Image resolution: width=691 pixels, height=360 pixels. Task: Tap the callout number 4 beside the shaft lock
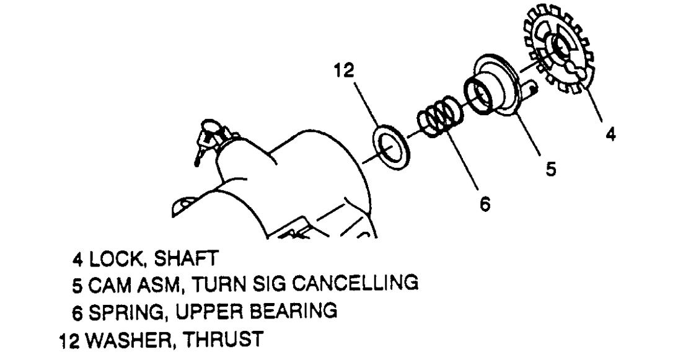[x=610, y=134]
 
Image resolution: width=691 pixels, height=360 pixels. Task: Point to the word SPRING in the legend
[x=124, y=310]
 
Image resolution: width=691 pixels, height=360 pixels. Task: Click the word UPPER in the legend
[x=206, y=310]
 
